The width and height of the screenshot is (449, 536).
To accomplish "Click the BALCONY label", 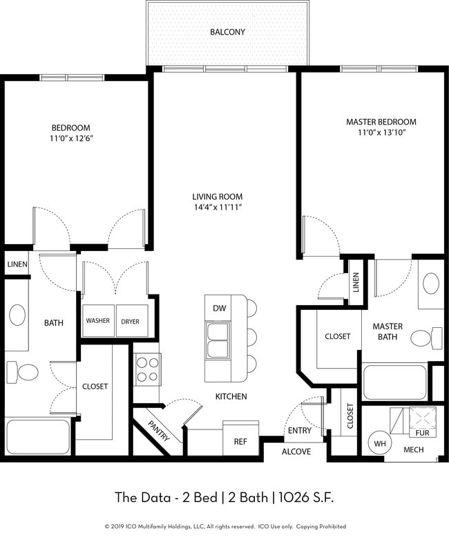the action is click(x=227, y=32).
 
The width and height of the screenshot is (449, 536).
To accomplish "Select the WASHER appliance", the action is click(x=98, y=321).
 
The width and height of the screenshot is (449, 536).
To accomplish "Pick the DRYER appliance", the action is click(x=132, y=321).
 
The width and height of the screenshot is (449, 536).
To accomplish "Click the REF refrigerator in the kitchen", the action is click(x=240, y=440).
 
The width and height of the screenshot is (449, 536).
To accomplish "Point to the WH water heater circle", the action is click(x=380, y=444).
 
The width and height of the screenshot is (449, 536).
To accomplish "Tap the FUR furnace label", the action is click(x=422, y=433).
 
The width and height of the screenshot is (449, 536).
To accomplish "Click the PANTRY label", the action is click(x=159, y=430).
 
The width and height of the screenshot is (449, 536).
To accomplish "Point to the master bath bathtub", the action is click(x=394, y=382).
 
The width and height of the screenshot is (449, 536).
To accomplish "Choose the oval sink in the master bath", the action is click(x=431, y=284).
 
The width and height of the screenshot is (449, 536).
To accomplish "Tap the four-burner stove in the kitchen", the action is click(x=148, y=369).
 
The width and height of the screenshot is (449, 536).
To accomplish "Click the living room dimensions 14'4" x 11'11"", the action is click(x=218, y=207).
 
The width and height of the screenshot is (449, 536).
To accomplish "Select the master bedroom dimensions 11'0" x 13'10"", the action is click(x=381, y=132).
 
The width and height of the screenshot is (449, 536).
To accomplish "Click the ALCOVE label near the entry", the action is click(x=296, y=452).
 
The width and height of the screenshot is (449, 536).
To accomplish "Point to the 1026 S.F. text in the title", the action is click(x=306, y=497).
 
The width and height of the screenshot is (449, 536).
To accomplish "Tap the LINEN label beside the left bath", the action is click(x=17, y=264).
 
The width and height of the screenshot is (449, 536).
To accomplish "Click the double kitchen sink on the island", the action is click(x=218, y=340).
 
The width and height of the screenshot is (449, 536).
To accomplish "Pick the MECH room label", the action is click(x=414, y=450).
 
